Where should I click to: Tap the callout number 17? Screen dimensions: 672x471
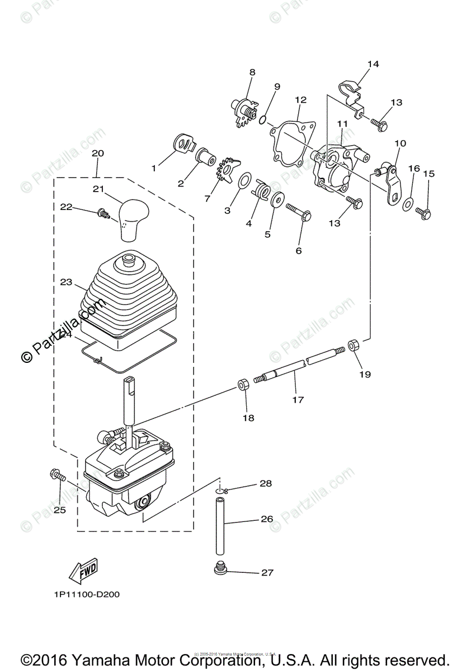(298, 400)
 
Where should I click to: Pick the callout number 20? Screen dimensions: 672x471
(98, 153)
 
